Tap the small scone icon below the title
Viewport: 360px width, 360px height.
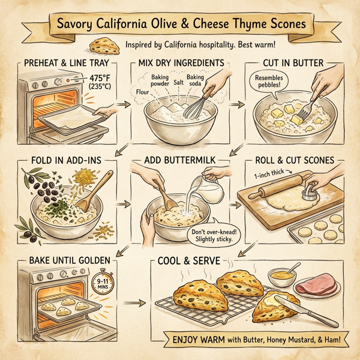click(x=100, y=45)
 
